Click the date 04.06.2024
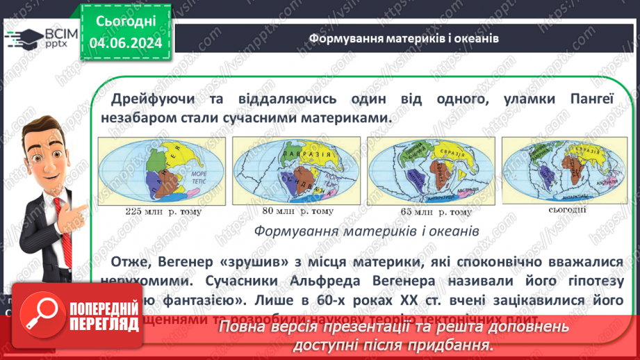(x=125, y=43)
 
